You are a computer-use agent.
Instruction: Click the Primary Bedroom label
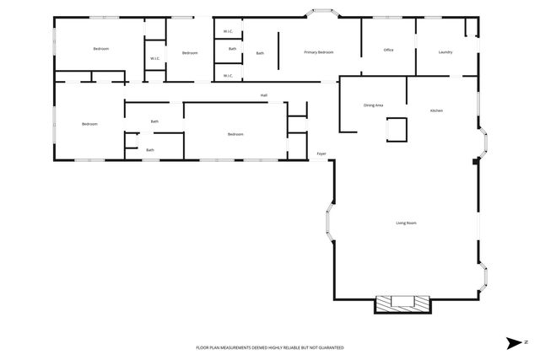[319, 52]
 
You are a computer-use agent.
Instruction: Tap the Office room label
[388, 50]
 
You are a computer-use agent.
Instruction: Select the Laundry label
[445, 52]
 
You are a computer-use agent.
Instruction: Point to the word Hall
[264, 95]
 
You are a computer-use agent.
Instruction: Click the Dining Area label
[373, 105]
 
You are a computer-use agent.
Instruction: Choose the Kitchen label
[436, 110]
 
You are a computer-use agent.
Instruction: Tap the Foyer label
[321, 154]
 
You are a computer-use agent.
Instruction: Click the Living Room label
[407, 223]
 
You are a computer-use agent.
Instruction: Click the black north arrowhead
[511, 342]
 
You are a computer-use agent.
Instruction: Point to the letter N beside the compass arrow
[525, 342]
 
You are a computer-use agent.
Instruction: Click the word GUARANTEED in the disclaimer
[328, 347]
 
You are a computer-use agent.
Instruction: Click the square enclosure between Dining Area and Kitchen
[397, 128]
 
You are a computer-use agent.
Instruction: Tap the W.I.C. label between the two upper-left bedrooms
[155, 58]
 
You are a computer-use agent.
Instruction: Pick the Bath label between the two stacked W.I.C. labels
[232, 48]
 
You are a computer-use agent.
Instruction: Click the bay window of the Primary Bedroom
[322, 13]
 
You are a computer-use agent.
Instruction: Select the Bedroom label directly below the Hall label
[235, 134]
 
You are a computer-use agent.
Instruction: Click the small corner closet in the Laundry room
[472, 26]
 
